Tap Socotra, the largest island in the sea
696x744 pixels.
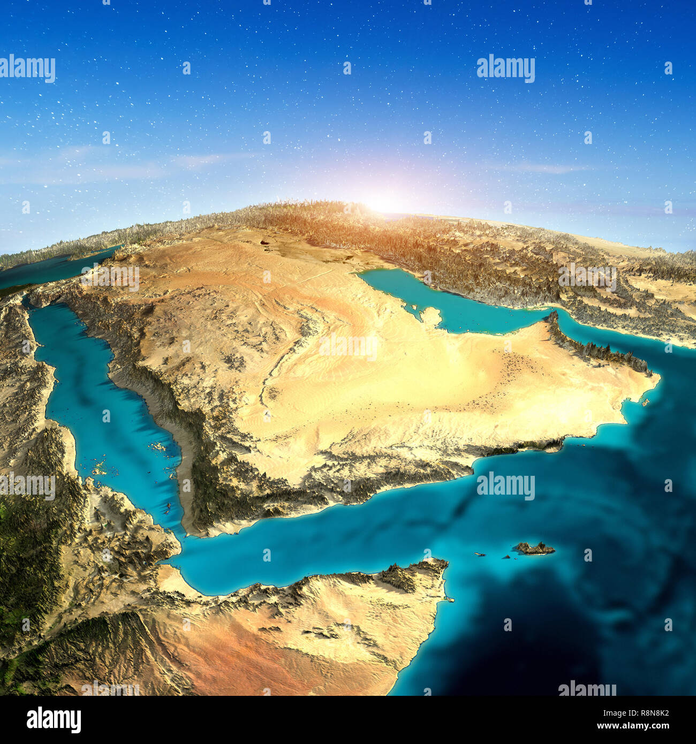tap(534, 548)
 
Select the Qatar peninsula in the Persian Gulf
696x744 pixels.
tap(430, 316)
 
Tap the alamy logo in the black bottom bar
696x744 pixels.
tap(54, 719)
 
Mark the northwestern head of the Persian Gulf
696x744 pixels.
tap(364, 274)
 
